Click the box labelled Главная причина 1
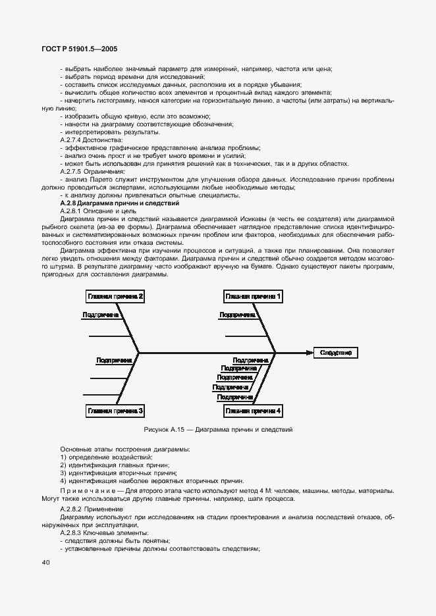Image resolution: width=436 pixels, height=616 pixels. click(253, 297)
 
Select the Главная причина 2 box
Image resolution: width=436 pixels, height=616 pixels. click(115, 297)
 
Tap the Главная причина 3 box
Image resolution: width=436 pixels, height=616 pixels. click(115, 411)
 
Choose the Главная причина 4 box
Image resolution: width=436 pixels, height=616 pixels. click(253, 411)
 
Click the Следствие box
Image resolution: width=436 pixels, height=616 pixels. click(336, 353)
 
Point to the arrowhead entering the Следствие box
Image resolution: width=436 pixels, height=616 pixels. click(310, 353)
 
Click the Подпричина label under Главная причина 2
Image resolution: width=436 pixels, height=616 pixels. click(100, 315)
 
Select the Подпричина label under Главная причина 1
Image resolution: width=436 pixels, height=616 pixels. click(238, 315)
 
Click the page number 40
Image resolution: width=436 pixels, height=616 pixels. click(45, 562)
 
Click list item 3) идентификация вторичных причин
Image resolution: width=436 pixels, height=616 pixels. click(119, 473)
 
